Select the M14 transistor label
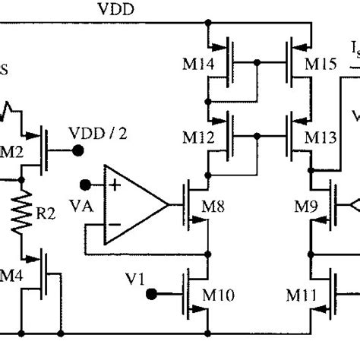point(197,63)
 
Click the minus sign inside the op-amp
point(114,225)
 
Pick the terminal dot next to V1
point(152,292)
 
